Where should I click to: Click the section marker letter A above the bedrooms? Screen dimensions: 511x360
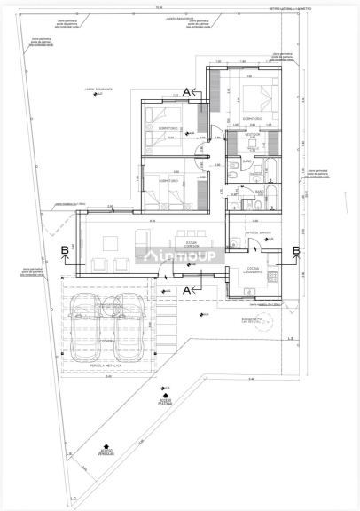(x=187, y=90)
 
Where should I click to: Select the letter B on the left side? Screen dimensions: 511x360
(x=65, y=250)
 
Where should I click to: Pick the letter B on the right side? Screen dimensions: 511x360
(x=296, y=250)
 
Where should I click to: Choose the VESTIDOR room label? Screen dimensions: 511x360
(x=253, y=135)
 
